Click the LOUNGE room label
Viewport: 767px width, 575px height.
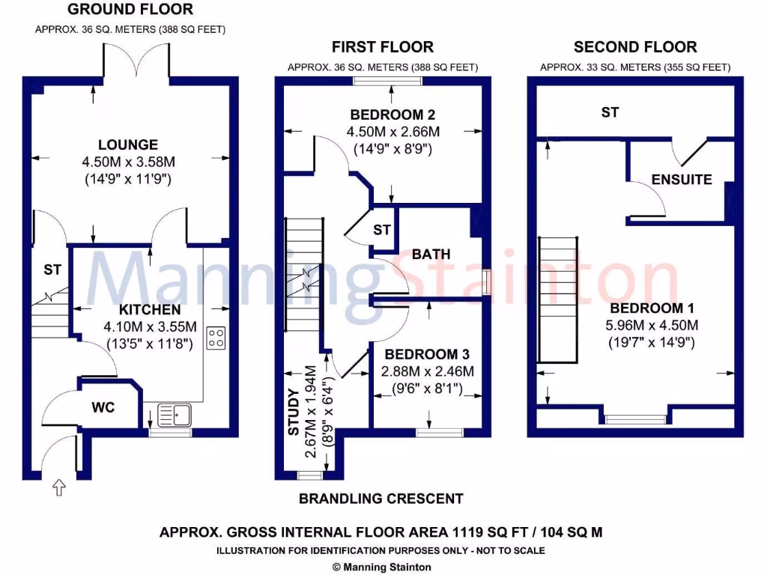click(128, 144)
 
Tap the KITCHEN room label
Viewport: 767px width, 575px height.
click(150, 309)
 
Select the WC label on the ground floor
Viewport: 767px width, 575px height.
click(103, 409)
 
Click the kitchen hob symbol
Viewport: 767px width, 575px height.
click(216, 338)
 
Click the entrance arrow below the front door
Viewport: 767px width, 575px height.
click(59, 489)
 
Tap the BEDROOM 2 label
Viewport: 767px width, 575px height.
click(392, 115)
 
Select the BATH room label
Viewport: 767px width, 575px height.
click(431, 254)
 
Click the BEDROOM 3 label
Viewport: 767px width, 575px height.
click(421, 354)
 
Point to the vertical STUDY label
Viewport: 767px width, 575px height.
click(294, 411)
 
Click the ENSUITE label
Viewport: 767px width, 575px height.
click(681, 180)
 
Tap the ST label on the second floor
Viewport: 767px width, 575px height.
click(610, 112)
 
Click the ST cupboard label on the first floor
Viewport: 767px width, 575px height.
click(382, 229)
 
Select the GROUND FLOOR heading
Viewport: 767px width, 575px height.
click(130, 10)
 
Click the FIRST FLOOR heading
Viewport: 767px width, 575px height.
click(382, 47)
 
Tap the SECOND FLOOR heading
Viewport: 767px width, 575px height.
click(635, 47)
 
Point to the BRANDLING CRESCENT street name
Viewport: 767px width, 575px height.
click(381, 499)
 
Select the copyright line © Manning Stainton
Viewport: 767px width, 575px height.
click(381, 567)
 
